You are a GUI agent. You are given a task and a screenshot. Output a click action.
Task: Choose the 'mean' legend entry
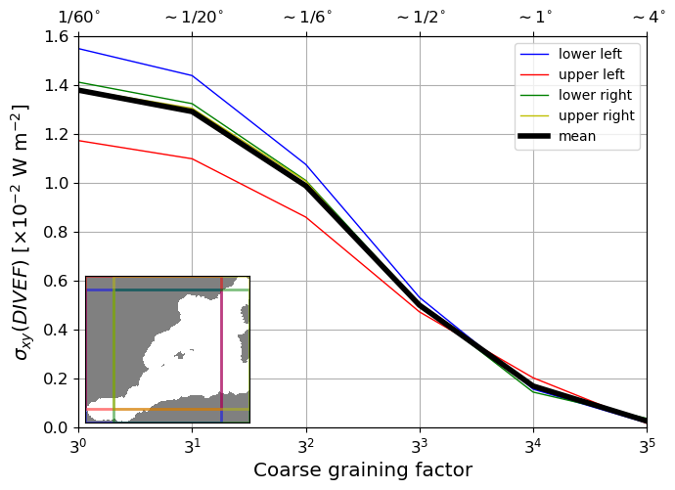tap(577, 136)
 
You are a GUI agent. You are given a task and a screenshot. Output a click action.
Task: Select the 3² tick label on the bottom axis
tap(306, 445)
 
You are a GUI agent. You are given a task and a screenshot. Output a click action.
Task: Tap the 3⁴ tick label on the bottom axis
tap(533, 445)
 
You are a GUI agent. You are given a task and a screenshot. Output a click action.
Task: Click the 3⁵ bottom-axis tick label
tap(647, 445)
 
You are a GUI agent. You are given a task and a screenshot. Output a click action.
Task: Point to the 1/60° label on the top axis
tap(79, 18)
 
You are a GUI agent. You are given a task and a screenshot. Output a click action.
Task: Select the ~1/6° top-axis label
tap(306, 18)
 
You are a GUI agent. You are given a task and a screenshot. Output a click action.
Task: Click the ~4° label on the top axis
tap(648, 18)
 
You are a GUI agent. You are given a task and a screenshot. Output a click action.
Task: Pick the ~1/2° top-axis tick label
tap(420, 18)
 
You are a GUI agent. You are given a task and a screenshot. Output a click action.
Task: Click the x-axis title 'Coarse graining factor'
tap(363, 470)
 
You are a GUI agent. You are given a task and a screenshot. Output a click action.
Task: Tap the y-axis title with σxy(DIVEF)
tap(21, 232)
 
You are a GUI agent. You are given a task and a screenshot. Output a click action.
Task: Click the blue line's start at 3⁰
tap(79, 49)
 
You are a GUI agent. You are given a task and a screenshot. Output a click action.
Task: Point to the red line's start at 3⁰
tap(79, 141)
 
